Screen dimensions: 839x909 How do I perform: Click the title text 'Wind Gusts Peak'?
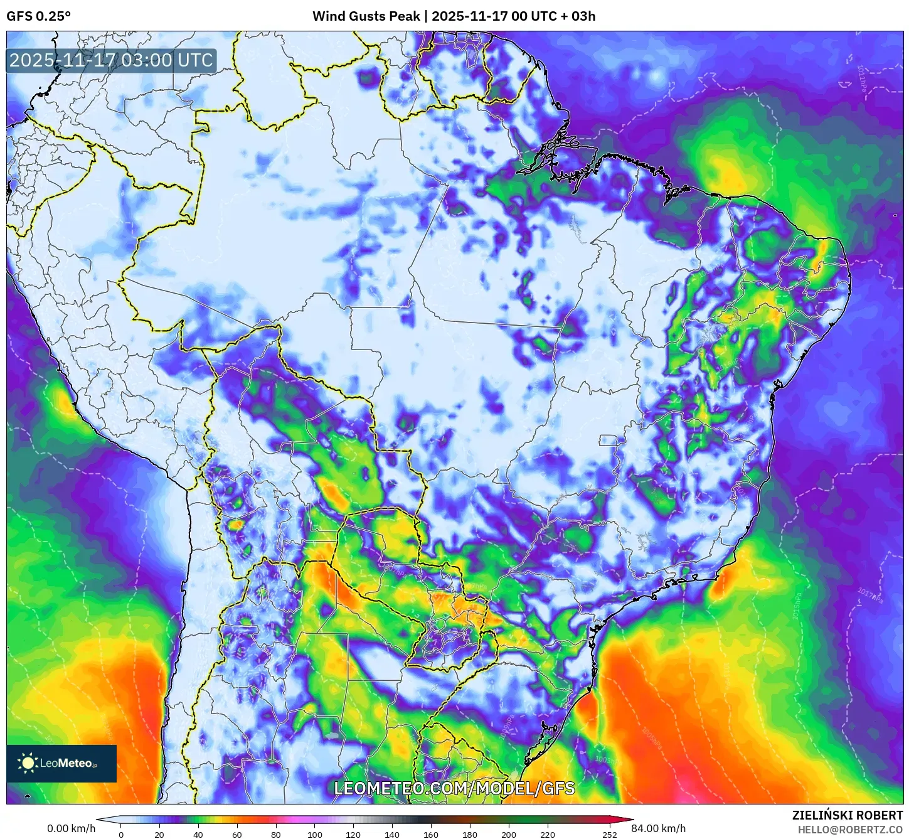(366, 16)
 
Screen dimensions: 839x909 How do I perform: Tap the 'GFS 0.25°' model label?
(39, 16)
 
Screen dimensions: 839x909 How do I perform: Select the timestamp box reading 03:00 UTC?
(112, 61)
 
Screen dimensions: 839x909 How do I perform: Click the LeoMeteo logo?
(61, 763)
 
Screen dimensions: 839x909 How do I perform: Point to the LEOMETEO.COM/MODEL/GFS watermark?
(454, 788)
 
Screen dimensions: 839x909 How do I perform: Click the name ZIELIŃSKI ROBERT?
(847, 815)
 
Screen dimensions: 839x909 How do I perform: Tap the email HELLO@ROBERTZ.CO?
(850, 830)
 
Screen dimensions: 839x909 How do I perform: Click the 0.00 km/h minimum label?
(72, 828)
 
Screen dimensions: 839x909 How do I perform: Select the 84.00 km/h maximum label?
(658, 828)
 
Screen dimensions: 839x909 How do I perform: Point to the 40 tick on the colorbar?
(198, 834)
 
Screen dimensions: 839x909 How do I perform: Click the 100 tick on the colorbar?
(315, 834)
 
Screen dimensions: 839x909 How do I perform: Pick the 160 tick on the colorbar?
(431, 834)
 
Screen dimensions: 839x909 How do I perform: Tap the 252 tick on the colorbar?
(609, 834)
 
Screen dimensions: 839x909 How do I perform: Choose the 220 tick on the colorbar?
(548, 834)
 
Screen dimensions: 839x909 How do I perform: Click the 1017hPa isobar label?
(870, 596)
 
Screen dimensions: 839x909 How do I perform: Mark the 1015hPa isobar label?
(797, 606)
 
